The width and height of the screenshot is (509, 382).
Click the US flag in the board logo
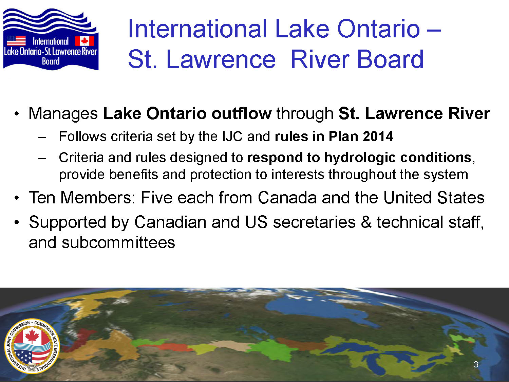click(16, 41)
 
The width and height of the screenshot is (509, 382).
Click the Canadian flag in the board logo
click(84, 41)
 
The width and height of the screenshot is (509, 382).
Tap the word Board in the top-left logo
click(51, 61)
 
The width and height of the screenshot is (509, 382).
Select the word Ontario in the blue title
click(378, 29)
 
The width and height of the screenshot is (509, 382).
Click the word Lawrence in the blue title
click(221, 59)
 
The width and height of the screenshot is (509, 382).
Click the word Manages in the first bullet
click(63, 114)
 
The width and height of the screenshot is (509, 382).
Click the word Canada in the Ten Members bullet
click(287, 198)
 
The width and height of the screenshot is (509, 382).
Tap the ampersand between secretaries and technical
click(366, 222)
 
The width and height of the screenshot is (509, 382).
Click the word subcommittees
click(118, 242)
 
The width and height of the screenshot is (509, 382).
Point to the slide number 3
click(476, 364)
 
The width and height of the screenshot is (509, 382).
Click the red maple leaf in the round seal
click(32, 336)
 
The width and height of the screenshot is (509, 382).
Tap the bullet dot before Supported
click(17, 222)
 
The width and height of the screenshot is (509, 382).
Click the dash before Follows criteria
click(42, 138)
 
